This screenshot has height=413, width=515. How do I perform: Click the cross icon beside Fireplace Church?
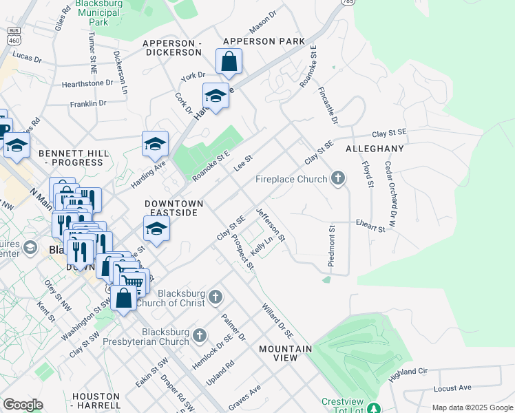click(x=337, y=179)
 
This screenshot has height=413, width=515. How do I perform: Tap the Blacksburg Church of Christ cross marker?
click(x=216, y=297)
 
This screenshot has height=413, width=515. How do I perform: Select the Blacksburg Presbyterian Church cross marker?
click(x=200, y=335)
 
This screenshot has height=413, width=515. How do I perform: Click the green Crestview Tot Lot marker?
click(x=373, y=407)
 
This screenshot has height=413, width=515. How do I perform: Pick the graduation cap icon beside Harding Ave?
click(x=156, y=144)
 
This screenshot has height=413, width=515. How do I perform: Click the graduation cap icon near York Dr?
click(x=216, y=96)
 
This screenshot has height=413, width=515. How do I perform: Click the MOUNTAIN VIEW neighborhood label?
click(x=286, y=349)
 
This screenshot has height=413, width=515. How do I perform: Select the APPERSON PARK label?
click(x=263, y=42)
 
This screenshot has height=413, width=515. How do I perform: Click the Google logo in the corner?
click(x=23, y=405)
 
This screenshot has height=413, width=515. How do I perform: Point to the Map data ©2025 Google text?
click(x=471, y=407)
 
